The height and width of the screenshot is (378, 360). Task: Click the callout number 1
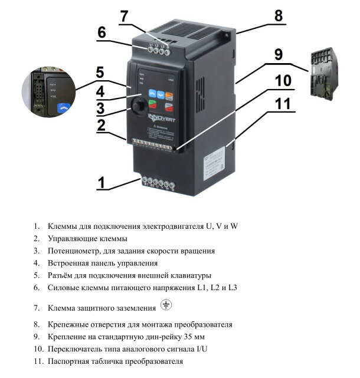(102, 182)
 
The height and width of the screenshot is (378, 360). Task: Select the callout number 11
(283, 104)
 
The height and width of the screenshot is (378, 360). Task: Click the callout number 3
(102, 108)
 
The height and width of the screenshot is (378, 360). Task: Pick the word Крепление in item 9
(67, 337)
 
